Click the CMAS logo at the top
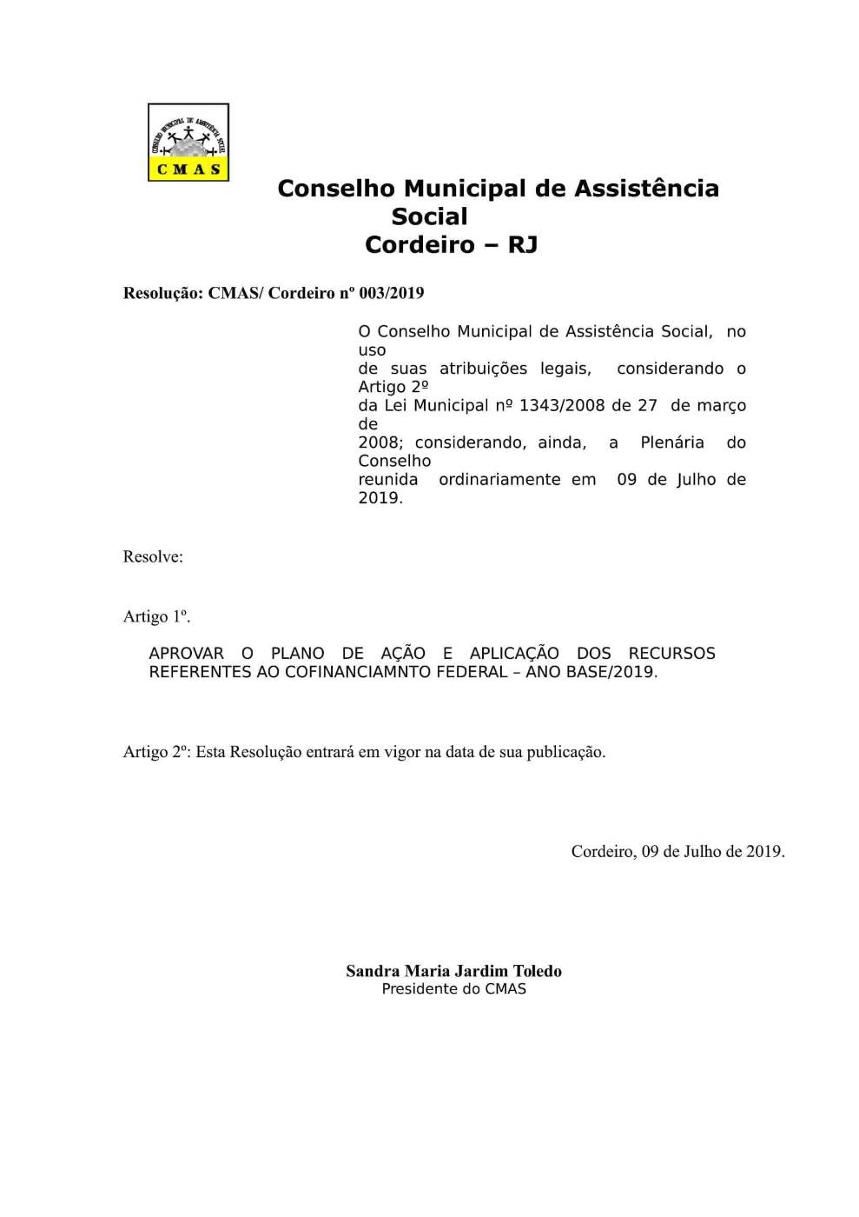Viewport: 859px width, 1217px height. coord(188,142)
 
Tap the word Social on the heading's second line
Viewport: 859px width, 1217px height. coord(429,216)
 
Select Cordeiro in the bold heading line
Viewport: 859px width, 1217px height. coord(419,245)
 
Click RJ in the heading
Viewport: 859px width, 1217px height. coord(523,245)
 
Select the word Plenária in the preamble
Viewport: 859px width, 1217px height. coord(672,442)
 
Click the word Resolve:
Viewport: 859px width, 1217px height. coord(153,557)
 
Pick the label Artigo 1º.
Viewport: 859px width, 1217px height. coord(156,616)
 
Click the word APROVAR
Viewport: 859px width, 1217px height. coord(187,654)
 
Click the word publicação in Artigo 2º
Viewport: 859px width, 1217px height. coord(565,752)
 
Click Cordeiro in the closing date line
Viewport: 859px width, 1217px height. coord(603,852)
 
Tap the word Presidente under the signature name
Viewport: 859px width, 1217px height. coord(419,989)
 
